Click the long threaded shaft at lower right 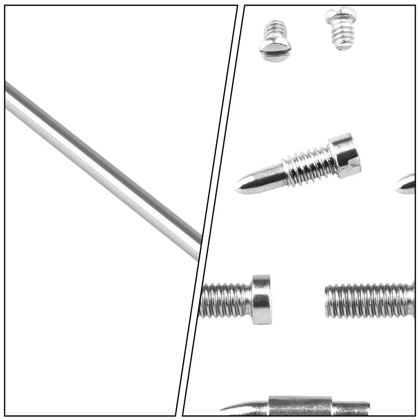pos(369,301)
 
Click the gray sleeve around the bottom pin pos(299,406)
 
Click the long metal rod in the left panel pos(101,168)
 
